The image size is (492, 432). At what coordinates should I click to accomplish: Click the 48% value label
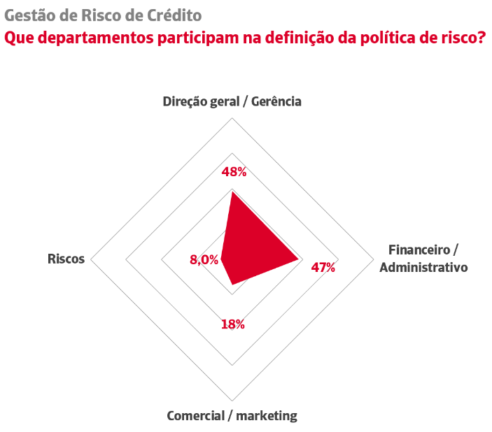click(234, 172)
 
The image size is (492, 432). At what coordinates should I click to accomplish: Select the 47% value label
click(323, 267)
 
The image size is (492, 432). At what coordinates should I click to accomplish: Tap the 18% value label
click(232, 324)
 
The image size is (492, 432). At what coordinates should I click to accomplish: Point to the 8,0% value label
click(204, 260)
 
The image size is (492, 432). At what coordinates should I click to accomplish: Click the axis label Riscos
click(66, 259)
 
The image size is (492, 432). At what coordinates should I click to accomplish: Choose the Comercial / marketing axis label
click(232, 416)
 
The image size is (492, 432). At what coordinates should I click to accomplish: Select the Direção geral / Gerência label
click(232, 101)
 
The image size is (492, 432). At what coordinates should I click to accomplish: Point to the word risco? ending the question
click(462, 37)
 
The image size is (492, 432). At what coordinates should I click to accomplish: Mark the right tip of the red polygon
click(299, 259)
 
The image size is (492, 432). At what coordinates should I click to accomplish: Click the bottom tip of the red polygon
click(232, 285)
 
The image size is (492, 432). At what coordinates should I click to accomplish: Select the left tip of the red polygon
click(220, 259)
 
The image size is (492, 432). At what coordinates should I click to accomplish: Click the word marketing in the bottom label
click(267, 416)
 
